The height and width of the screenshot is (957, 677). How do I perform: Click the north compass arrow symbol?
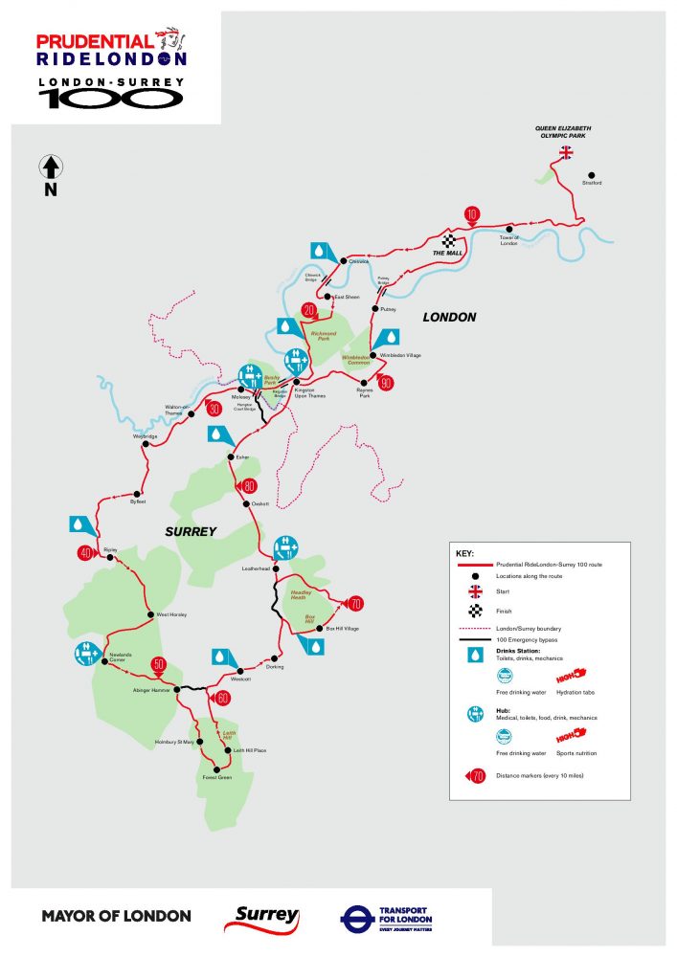pos(51,168)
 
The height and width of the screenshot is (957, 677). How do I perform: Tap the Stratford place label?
pos(592,183)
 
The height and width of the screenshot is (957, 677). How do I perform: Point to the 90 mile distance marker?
pos(386,383)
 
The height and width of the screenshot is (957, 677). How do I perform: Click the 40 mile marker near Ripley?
pos(85,553)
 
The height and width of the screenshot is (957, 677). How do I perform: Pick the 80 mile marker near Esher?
pos(248,485)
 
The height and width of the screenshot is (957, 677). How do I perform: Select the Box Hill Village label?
pos(342,628)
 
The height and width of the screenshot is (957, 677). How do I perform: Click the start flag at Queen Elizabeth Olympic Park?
pos(566,152)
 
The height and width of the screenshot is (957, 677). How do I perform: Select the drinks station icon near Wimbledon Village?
pos(392,338)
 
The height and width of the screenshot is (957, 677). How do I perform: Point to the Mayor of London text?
pos(116,917)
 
